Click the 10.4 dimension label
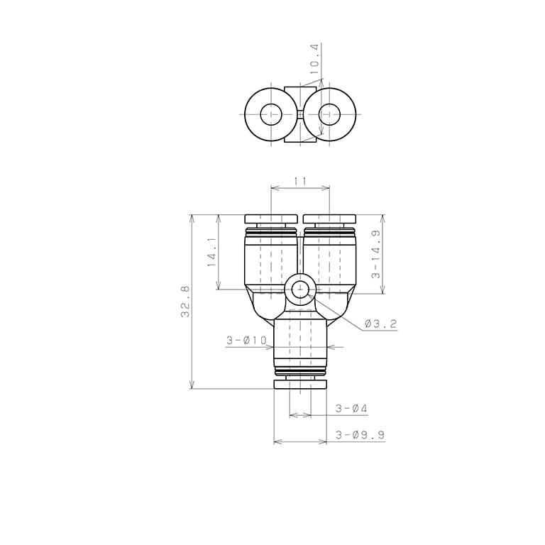pos(315,63)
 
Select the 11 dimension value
pos(300,181)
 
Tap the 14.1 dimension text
pos(212,252)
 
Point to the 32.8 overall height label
pos(185,301)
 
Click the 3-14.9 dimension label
pos(376,255)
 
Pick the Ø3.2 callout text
pos(380,324)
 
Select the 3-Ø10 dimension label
pos(246,341)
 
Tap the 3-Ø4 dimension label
pos(351,409)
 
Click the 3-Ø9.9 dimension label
pos(360,435)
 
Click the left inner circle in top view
pos(271,104)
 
